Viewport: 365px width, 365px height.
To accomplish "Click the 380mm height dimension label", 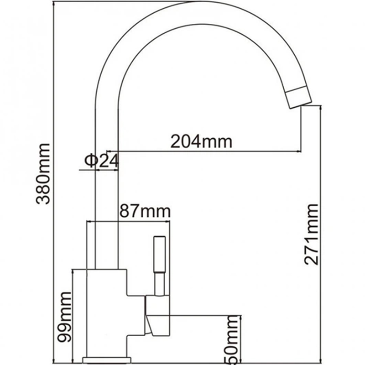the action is tap(43, 174).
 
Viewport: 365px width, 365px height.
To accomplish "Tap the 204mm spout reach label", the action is tap(201, 141).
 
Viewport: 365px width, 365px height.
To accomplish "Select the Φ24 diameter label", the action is tap(101, 161).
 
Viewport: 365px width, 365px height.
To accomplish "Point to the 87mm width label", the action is tap(145, 211).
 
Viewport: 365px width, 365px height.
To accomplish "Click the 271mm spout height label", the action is tap(311, 235).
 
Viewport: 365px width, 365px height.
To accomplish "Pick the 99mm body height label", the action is tap(64, 317).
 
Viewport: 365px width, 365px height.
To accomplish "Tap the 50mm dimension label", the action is tap(232, 340).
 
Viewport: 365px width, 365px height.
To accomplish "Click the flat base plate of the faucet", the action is tap(106, 360).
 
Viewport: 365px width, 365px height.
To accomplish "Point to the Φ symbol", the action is tap(90, 161).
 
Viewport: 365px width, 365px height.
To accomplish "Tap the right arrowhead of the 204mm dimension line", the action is tap(299, 151).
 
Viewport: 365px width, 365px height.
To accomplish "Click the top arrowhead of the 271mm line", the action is tap(321, 108).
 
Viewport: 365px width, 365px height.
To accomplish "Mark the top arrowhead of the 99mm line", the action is tap(73, 272).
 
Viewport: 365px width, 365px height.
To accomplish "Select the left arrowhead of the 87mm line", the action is tap(89, 221).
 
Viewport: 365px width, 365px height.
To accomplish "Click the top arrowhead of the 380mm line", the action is tap(54, 3).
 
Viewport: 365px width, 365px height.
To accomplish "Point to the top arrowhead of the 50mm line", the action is tap(241, 318).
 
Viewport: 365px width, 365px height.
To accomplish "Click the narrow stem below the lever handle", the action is tap(159, 284).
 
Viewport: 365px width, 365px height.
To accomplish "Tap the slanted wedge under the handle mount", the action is tap(149, 325).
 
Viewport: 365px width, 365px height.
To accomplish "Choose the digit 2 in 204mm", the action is tap(176, 141).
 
